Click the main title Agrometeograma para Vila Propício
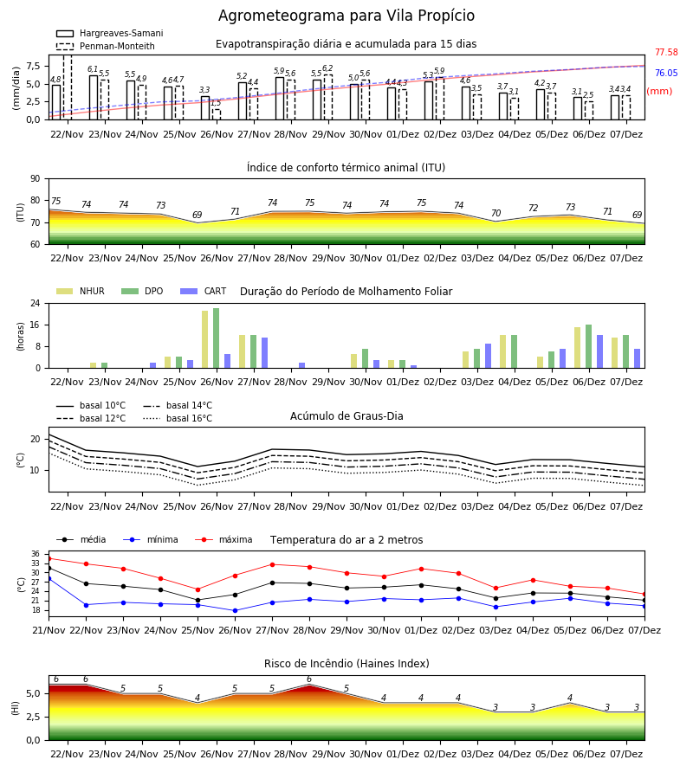[346, 16]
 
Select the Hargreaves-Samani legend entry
[109, 33]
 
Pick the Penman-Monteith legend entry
[106, 46]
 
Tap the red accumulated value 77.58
[666, 52]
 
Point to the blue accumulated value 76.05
[666, 73]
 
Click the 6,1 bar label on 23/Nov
[93, 69]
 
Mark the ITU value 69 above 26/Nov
[198, 216]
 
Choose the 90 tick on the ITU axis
[36, 179]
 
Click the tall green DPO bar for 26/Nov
[217, 338]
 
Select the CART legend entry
[204, 291]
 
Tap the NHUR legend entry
[81, 291]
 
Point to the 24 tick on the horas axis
[36, 303]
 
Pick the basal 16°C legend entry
[178, 418]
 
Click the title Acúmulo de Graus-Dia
[346, 415]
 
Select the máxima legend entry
[223, 539]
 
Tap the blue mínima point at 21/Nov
[49, 579]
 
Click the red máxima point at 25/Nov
[198, 589]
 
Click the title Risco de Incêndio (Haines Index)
[346, 664]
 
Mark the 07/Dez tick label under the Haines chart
[626, 754]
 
